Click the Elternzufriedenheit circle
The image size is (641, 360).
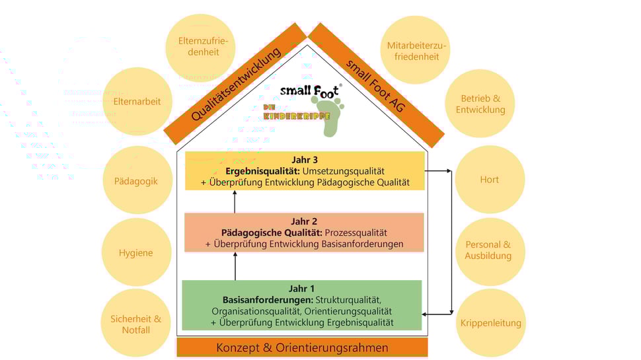(x=198, y=47)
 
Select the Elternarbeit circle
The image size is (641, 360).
(x=137, y=102)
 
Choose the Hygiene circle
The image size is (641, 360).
(x=135, y=252)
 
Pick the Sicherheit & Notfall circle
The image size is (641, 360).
(x=135, y=324)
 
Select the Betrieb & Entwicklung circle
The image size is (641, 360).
(x=480, y=104)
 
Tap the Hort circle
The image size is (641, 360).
(x=489, y=179)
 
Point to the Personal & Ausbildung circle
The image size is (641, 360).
(x=488, y=250)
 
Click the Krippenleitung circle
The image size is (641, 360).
(x=490, y=323)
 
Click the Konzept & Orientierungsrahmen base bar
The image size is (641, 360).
(x=303, y=347)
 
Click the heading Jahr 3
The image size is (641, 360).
(x=305, y=159)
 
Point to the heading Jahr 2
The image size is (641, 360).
(x=305, y=221)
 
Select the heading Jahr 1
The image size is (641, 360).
(x=302, y=289)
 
